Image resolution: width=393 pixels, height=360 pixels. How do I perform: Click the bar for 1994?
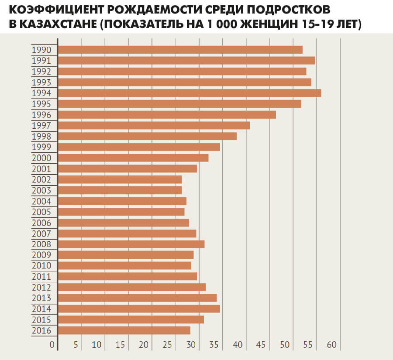(x=190, y=93)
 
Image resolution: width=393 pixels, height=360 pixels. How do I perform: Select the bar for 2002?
(x=120, y=179)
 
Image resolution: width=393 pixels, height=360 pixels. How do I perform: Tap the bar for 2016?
(x=124, y=330)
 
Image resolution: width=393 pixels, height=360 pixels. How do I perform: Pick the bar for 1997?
(x=154, y=125)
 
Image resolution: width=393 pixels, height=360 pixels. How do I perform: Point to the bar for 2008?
(x=131, y=244)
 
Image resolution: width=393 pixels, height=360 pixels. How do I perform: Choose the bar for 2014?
(x=139, y=309)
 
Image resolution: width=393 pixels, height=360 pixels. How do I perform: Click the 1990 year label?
(x=41, y=50)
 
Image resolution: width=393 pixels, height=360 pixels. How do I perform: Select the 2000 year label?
(x=41, y=158)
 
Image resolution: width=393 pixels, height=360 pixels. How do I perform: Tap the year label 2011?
(x=41, y=277)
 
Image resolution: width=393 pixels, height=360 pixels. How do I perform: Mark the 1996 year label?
(x=41, y=115)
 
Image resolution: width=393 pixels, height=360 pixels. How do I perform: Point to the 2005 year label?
(x=41, y=212)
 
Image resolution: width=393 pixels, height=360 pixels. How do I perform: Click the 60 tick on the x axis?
(x=332, y=345)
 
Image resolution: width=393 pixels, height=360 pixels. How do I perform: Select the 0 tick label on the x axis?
(x=52, y=345)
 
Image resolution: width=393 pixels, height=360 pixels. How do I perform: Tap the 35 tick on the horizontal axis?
(x=214, y=345)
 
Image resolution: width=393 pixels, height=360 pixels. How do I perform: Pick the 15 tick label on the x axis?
(x=120, y=345)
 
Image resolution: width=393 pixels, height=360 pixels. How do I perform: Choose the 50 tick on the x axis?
(x=285, y=345)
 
